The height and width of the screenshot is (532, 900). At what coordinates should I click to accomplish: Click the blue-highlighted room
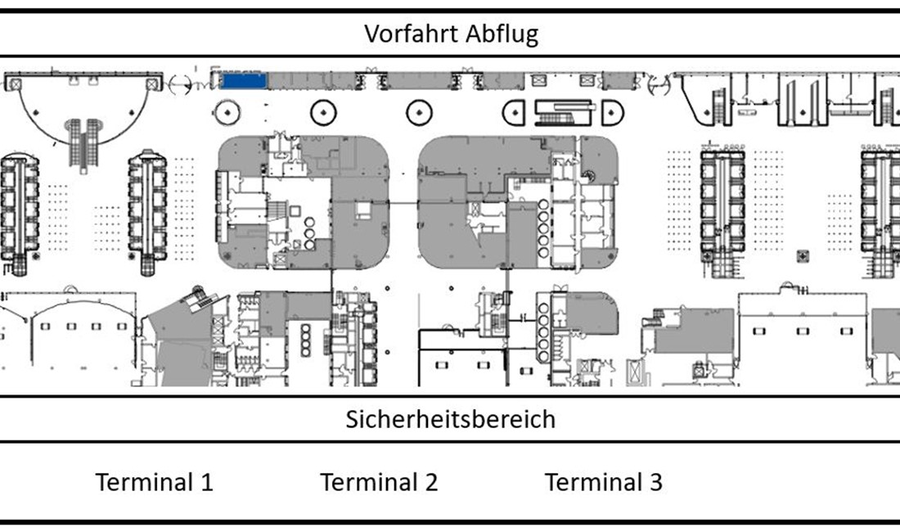coord(245,80)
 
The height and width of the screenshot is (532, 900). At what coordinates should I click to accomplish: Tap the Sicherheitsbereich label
coord(450,419)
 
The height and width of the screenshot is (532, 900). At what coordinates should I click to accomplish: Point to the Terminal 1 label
coord(155,481)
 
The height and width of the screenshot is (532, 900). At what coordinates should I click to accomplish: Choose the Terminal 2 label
coord(379,481)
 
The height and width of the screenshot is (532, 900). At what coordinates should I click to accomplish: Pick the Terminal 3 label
coord(604,481)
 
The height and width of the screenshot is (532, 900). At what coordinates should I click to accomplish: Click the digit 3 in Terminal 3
coord(655,481)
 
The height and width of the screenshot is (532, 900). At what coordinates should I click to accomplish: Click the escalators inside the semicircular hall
coord(84,139)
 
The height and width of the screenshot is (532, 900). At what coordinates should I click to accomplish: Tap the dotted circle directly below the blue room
coord(227,110)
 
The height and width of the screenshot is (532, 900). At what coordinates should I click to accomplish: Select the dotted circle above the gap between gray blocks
coord(419,111)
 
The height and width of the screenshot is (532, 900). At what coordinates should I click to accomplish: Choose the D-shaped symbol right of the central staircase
coord(611,111)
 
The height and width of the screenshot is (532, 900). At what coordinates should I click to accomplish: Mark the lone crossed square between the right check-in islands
coord(805,256)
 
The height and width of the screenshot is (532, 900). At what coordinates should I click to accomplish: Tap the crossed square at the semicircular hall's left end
coord(13,82)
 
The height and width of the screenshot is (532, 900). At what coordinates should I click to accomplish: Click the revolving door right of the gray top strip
coord(657,82)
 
